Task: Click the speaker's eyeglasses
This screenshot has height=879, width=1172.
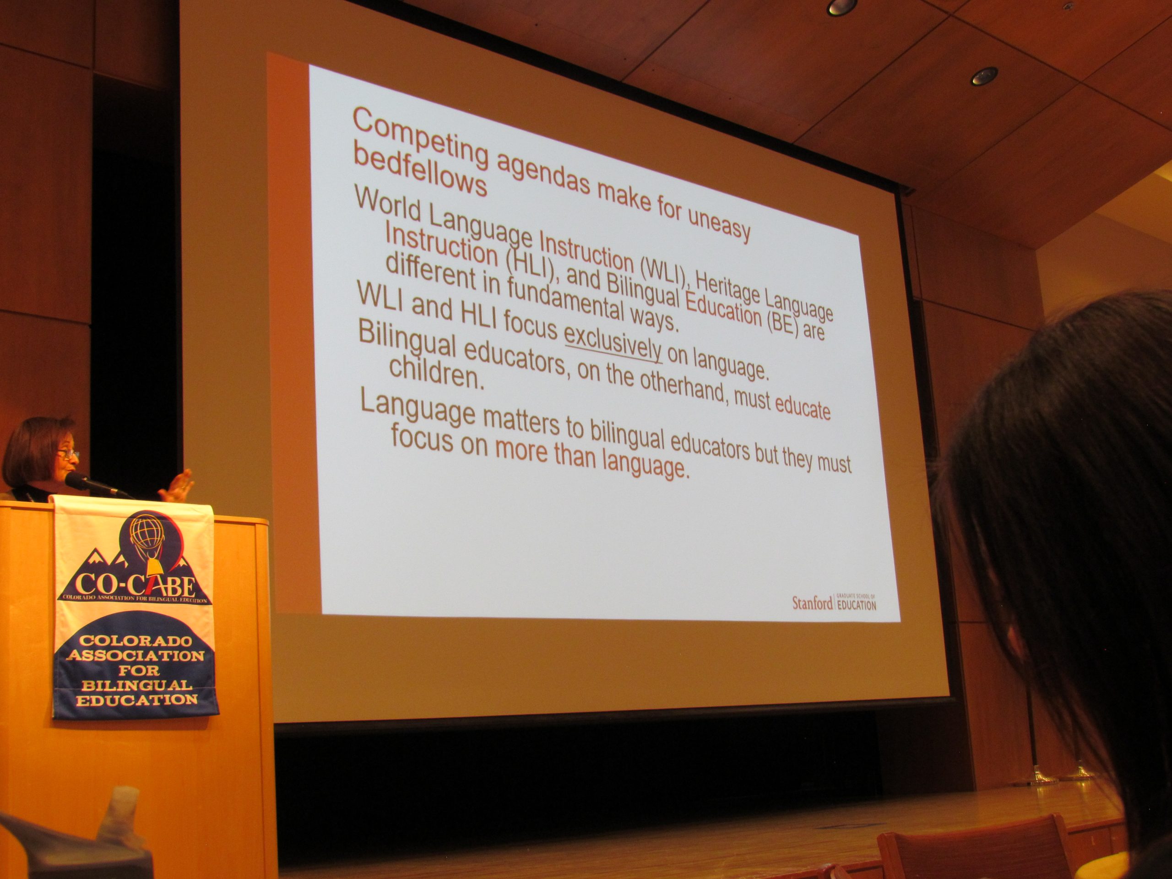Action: pyautogui.click(x=68, y=453)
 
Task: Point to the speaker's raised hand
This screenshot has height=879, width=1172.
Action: pyautogui.click(x=178, y=486)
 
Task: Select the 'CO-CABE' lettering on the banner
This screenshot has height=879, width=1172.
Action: pyautogui.click(x=135, y=586)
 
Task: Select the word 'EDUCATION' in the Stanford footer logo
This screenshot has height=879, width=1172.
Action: pyautogui.click(x=856, y=605)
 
